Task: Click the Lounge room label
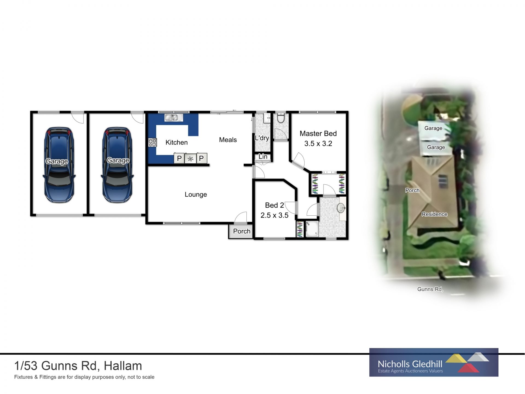pyautogui.click(x=196, y=195)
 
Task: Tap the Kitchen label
pyautogui.click(x=177, y=143)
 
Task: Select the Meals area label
pyautogui.click(x=228, y=140)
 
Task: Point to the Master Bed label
pyautogui.click(x=318, y=134)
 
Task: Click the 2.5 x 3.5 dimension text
pyautogui.click(x=274, y=215)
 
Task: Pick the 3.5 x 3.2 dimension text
pyautogui.click(x=318, y=144)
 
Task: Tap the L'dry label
pyautogui.click(x=262, y=138)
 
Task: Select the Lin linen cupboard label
pyautogui.click(x=263, y=157)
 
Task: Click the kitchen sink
pyautogui.click(x=172, y=118)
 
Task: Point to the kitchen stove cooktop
pyautogui.click(x=152, y=143)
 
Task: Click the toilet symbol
pyautogui.click(x=281, y=118)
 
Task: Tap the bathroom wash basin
pyautogui.click(x=341, y=208)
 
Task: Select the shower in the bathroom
pyautogui.click(x=312, y=229)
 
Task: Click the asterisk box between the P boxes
pyautogui.click(x=190, y=158)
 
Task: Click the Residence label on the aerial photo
pyautogui.click(x=434, y=214)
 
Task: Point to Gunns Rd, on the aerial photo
pyautogui.click(x=430, y=289)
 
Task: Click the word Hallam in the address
pyautogui.click(x=123, y=366)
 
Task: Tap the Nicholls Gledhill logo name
pyautogui.click(x=410, y=364)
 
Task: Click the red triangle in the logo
pyautogui.click(x=468, y=368)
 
